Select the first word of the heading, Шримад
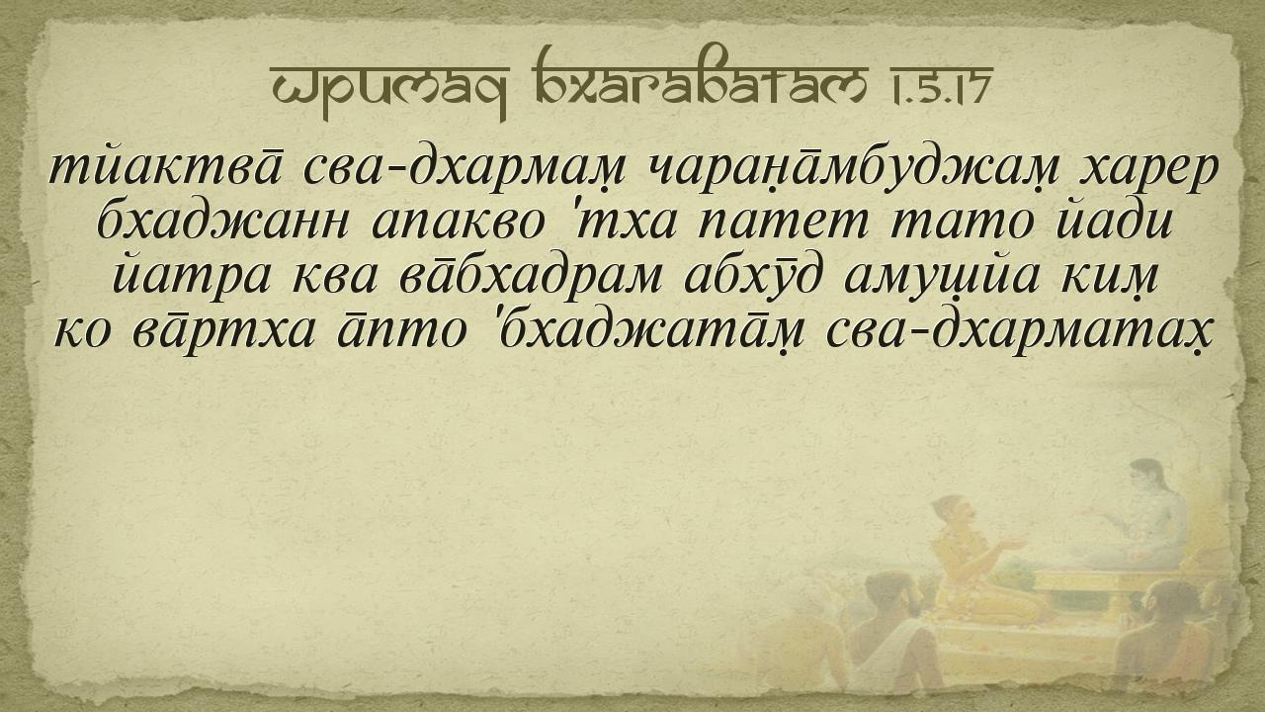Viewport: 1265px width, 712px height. point(389,90)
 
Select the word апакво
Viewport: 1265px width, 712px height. point(458,222)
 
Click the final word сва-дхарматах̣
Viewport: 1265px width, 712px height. point(1019,331)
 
